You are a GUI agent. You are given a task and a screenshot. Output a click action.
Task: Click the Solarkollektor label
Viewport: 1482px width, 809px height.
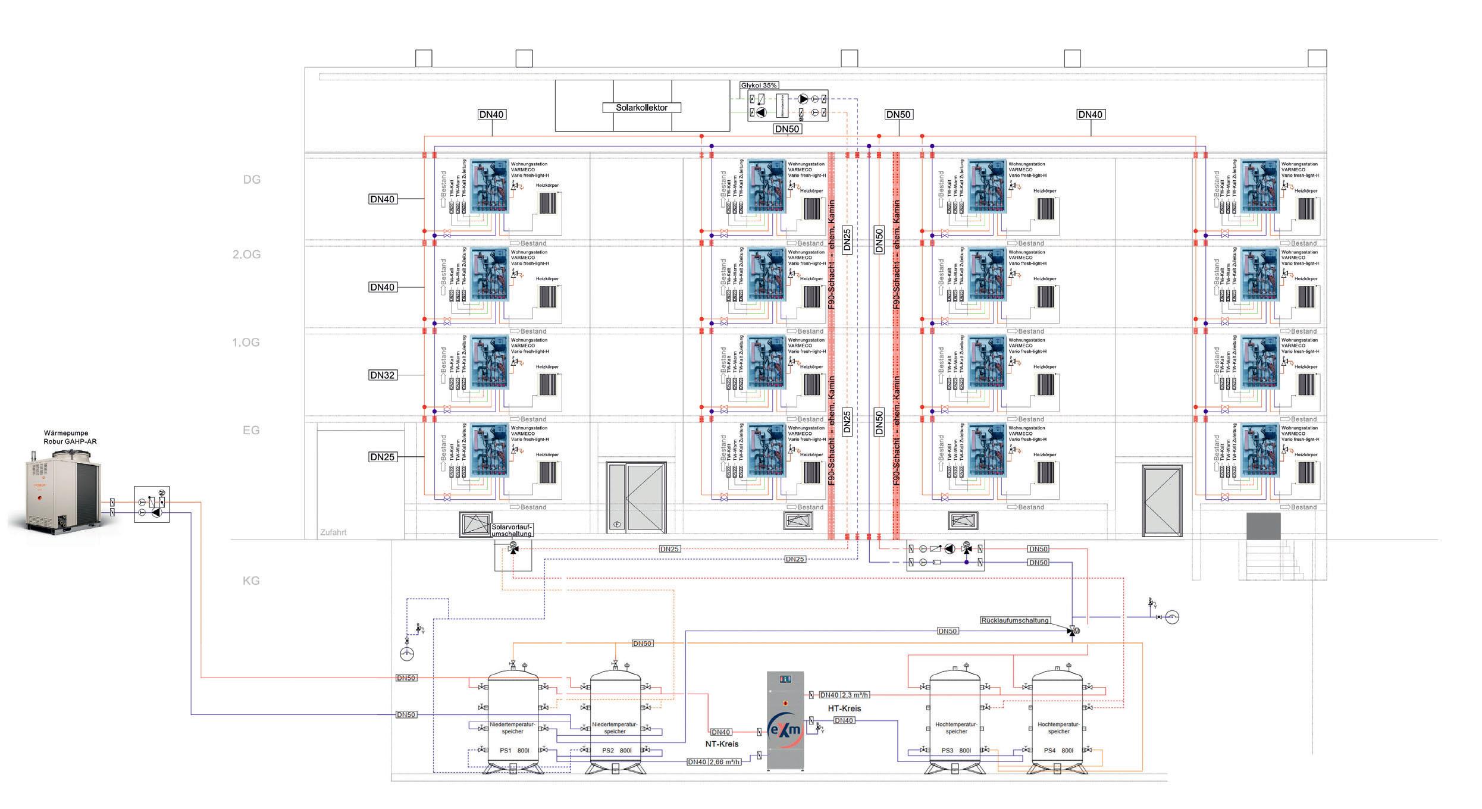tap(641, 108)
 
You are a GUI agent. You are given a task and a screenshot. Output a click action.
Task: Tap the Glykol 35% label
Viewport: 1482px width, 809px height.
tap(759, 86)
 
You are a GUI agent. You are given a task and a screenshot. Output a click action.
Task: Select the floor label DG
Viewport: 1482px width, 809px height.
tap(252, 180)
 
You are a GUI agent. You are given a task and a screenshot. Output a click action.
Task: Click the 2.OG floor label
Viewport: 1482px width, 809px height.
tap(246, 255)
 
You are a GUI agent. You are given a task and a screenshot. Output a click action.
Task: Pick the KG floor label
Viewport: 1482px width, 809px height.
tap(251, 581)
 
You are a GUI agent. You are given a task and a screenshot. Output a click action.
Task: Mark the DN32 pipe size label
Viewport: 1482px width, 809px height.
tap(383, 375)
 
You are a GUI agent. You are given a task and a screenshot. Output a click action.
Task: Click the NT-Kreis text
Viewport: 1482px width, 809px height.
tap(722, 744)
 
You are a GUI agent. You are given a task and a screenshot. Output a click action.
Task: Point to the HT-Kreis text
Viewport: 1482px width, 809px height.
tap(844, 708)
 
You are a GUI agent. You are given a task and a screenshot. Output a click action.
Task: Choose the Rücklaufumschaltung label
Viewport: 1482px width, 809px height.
tap(1015, 620)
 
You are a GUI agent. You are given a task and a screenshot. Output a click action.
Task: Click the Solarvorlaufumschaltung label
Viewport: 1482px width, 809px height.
tap(512, 531)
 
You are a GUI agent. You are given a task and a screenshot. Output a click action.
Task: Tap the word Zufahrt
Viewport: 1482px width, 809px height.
tap(333, 532)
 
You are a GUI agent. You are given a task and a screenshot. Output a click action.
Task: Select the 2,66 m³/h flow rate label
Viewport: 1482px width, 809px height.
tap(725, 762)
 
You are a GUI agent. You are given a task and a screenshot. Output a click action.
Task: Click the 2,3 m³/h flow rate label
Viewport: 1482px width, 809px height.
tap(856, 695)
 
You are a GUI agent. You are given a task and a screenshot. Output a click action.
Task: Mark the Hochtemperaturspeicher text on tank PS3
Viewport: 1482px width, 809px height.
tap(955, 728)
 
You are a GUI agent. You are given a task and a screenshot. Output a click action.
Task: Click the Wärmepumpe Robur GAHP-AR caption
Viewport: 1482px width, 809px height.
tap(70, 438)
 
